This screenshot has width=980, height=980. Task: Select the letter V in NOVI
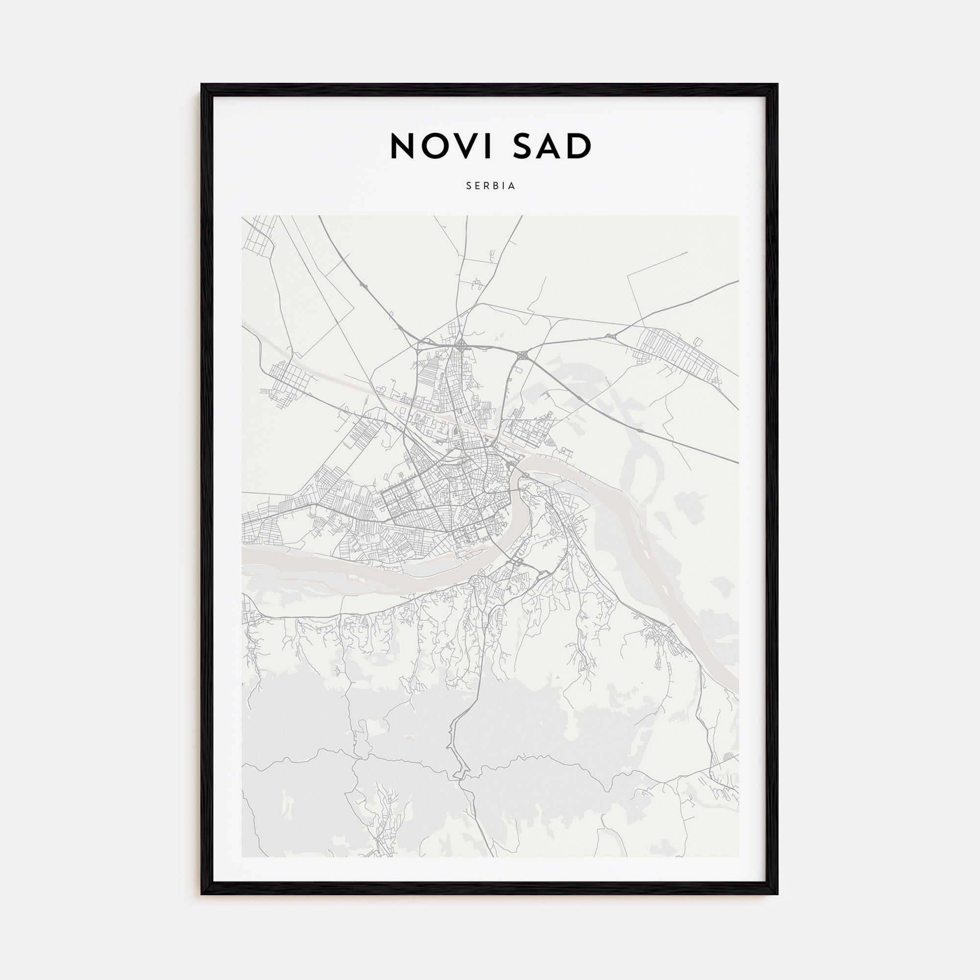476,147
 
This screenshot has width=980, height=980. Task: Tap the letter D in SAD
580,147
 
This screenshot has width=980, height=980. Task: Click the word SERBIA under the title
490,186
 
